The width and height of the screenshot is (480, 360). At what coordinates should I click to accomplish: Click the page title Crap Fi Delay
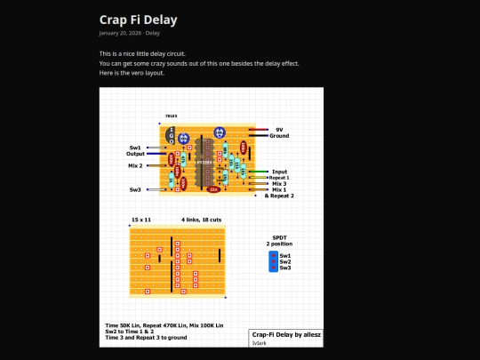[138, 19]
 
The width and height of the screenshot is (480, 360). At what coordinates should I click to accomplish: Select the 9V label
[279, 129]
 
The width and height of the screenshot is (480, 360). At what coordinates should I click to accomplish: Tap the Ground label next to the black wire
[279, 136]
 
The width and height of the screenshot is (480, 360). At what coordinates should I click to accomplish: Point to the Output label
[135, 154]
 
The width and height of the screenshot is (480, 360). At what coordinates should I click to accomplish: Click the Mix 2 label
[135, 165]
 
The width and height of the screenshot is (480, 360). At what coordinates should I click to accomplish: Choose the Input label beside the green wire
[279, 172]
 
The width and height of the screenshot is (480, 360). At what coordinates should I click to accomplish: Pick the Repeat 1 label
[280, 178]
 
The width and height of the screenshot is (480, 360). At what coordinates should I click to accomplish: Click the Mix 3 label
[279, 184]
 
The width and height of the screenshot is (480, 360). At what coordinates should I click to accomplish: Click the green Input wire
[259, 172]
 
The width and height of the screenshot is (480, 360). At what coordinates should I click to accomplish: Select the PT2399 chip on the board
[204, 163]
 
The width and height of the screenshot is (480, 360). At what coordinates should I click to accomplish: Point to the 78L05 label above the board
[171, 116]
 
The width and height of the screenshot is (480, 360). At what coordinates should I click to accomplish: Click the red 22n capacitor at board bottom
[213, 189]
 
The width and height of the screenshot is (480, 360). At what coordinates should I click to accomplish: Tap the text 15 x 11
[141, 218]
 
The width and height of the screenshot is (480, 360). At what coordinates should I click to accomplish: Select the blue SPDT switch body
[272, 261]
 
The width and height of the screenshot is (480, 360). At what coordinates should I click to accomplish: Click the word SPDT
[278, 237]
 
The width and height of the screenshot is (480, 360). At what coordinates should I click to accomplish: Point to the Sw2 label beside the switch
[285, 261]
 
